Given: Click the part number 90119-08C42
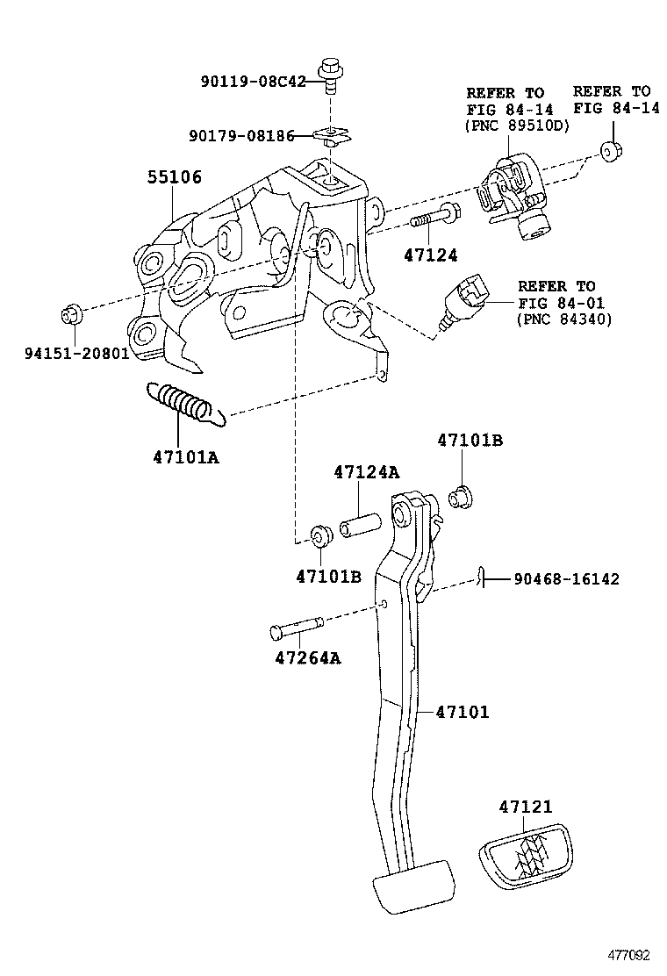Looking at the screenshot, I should pyautogui.click(x=253, y=82).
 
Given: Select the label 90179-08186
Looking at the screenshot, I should pyautogui.click(x=241, y=136).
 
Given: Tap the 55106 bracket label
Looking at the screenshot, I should pyautogui.click(x=173, y=178).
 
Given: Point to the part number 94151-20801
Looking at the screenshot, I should pyautogui.click(x=77, y=355).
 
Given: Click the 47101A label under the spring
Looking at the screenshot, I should pyautogui.click(x=185, y=456).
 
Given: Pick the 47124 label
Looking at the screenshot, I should pyautogui.click(x=431, y=255).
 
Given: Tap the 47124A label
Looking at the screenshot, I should pyautogui.click(x=366, y=472).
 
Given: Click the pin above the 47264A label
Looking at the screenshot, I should pyautogui.click(x=297, y=627).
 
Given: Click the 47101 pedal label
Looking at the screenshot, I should pyautogui.click(x=463, y=712).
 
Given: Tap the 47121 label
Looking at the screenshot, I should pyautogui.click(x=526, y=807).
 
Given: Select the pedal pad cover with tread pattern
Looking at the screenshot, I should pyautogui.click(x=523, y=859).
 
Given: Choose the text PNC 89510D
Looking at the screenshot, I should pyautogui.click(x=516, y=125).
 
